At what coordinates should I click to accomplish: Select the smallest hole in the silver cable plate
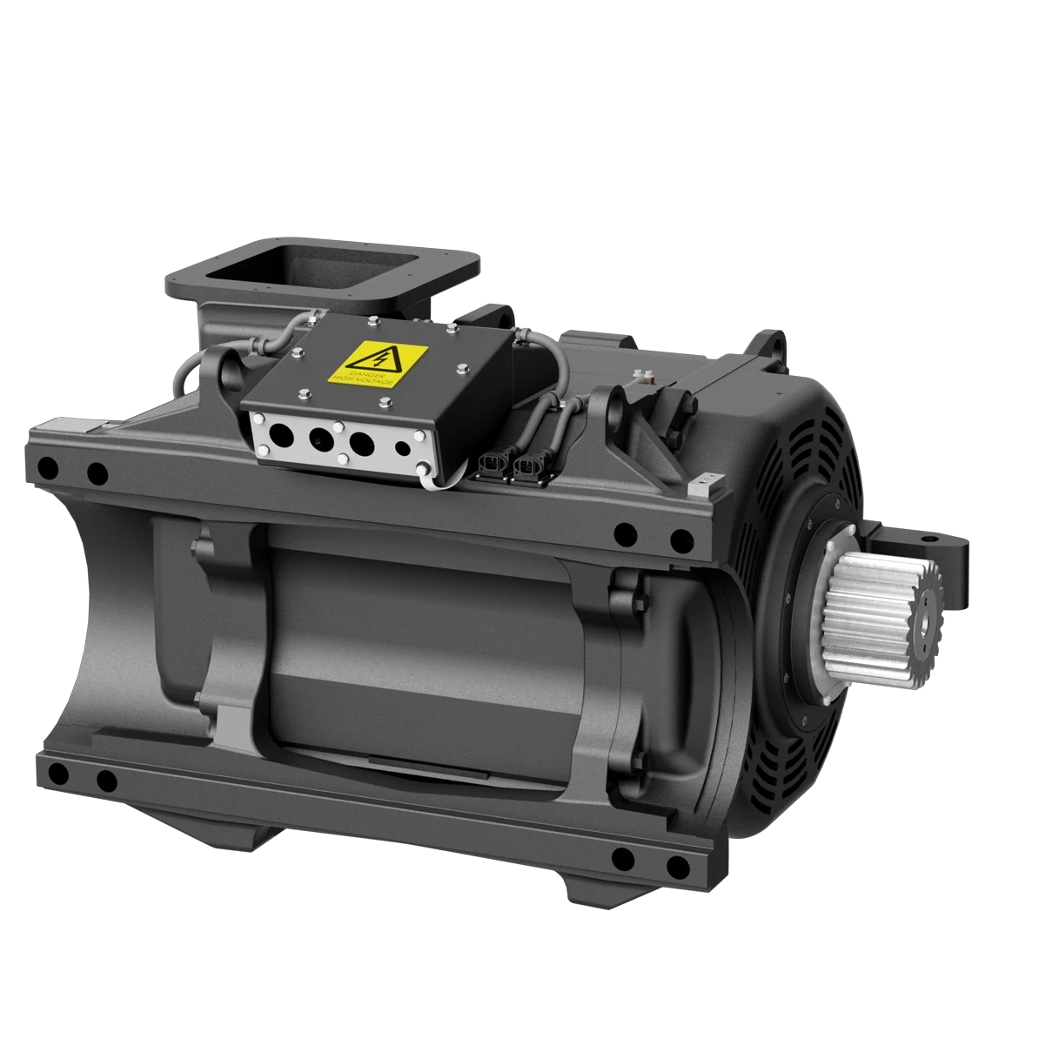[x=401, y=449]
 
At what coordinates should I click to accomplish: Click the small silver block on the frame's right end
[x=706, y=481]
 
